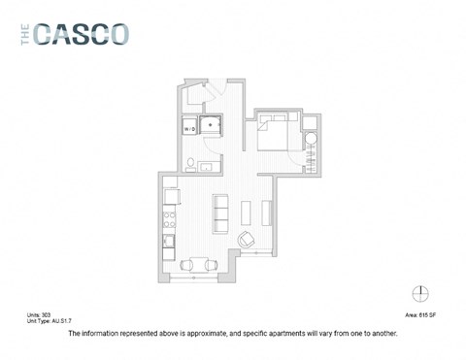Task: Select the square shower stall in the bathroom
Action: [x=210, y=124]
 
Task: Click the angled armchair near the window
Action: [x=247, y=239]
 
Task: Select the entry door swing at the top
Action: [x=203, y=94]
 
